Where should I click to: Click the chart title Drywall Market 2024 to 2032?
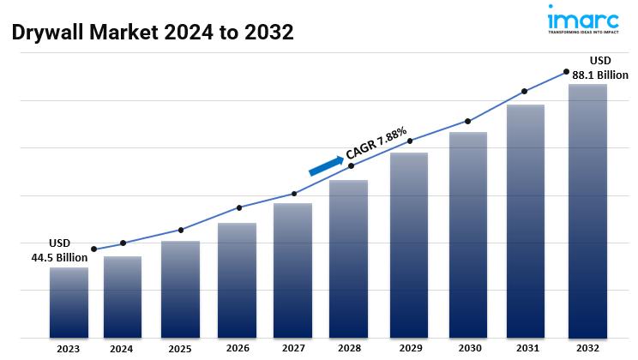(x=153, y=33)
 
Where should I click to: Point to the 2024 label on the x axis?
(x=122, y=349)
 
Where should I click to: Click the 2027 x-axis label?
(x=292, y=349)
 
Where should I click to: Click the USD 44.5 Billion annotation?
(x=60, y=250)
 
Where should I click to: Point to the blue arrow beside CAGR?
(x=325, y=166)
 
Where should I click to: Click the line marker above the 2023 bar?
(x=93, y=249)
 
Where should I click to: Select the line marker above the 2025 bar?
(x=180, y=230)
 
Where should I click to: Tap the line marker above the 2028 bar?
(x=351, y=165)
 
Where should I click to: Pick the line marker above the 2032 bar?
(x=566, y=72)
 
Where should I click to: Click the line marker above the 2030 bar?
(x=467, y=121)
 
